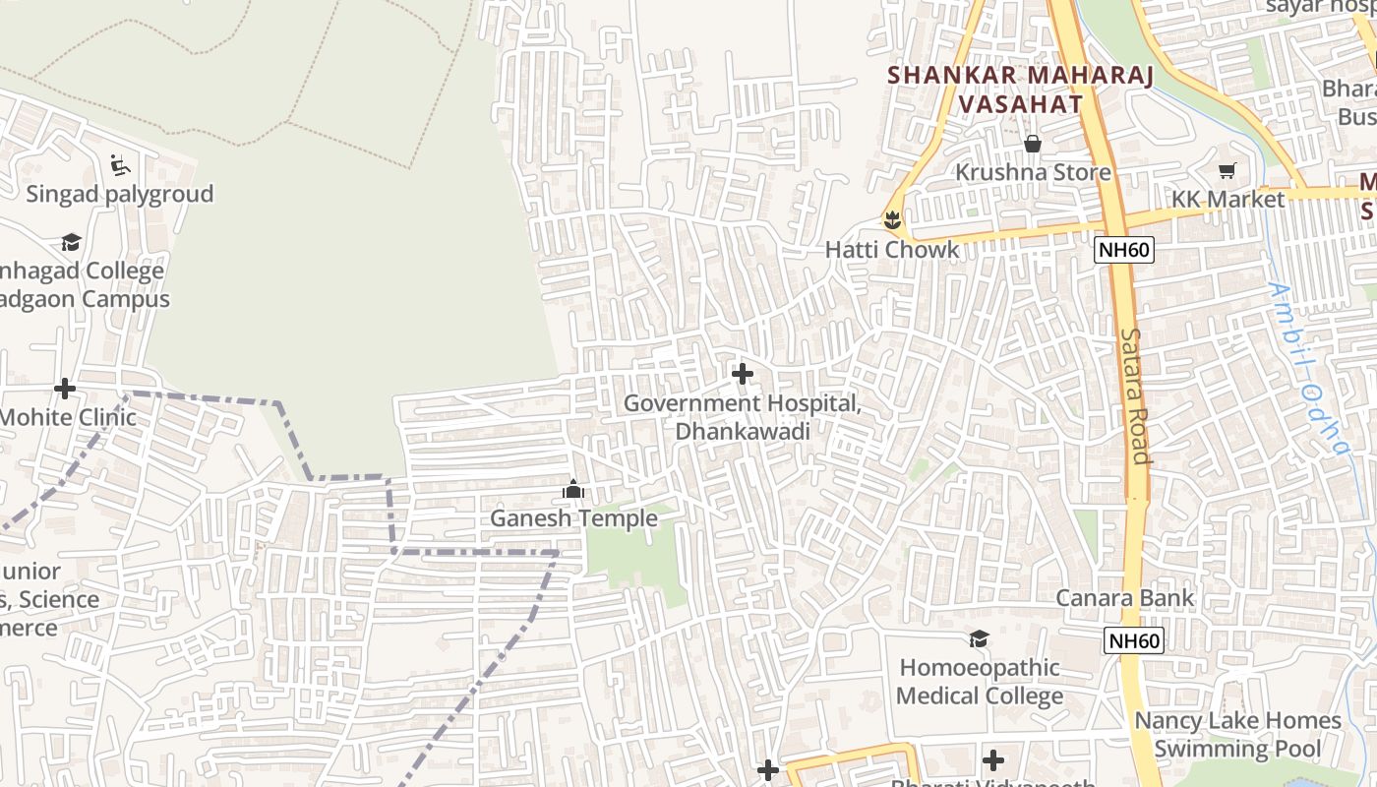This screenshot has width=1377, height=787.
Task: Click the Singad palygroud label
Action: click(119, 194)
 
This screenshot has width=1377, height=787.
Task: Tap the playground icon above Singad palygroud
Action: click(120, 164)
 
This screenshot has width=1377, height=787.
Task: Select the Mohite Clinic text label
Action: click(67, 417)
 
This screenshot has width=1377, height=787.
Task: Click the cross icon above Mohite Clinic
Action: click(65, 389)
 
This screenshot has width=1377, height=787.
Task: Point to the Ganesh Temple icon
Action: click(573, 489)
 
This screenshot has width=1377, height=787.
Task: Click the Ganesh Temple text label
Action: click(573, 517)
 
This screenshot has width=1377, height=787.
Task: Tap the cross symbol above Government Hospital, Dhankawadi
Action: click(743, 374)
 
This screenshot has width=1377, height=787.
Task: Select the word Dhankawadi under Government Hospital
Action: click(743, 432)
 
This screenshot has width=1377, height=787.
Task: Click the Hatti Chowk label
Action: click(891, 249)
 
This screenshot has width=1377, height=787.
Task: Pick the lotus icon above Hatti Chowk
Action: click(892, 219)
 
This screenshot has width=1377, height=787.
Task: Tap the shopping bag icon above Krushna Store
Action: click(1033, 144)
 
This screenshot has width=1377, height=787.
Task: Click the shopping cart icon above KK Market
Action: click(1227, 171)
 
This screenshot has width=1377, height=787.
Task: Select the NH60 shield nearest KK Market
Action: click(1123, 249)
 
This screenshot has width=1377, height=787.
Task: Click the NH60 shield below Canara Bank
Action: click(1134, 641)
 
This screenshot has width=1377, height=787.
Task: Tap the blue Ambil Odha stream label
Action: click(1307, 369)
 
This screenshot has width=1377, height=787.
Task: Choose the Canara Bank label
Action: click(1125, 598)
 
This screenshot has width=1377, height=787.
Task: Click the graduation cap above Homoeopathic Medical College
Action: click(979, 639)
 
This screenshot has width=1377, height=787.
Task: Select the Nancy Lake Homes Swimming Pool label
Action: click(1237, 734)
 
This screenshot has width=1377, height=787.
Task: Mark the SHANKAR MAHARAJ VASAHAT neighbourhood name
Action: click(1020, 89)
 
